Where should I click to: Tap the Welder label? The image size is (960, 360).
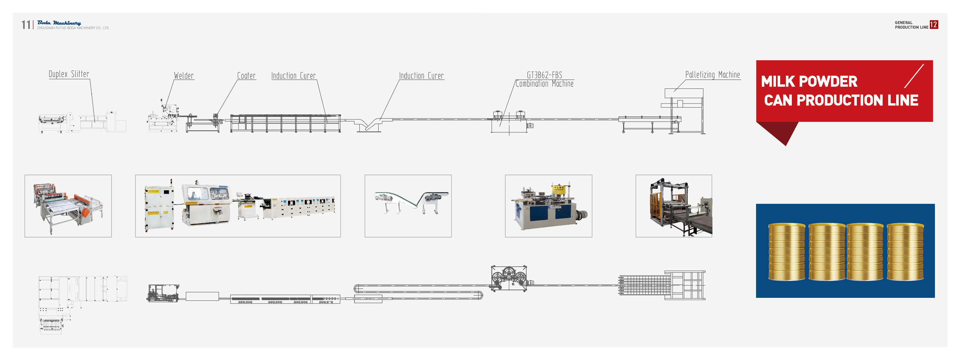184,76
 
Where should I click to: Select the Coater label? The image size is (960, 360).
246,76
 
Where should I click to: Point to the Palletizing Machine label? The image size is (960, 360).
712,75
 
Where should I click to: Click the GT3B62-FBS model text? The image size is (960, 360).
544,75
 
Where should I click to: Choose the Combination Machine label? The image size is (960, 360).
544,84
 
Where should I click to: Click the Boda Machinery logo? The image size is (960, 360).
59,23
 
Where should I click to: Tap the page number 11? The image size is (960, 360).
26,25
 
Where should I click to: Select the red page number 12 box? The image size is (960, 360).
934,24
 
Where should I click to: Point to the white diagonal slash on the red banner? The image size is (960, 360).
914,76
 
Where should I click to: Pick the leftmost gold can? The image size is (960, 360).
786,252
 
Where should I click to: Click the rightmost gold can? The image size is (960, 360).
905,252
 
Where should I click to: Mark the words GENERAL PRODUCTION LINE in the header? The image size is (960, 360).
911,25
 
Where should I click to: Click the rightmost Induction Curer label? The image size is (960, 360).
421,76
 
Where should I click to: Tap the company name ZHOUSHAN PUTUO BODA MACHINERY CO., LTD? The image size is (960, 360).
73,28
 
